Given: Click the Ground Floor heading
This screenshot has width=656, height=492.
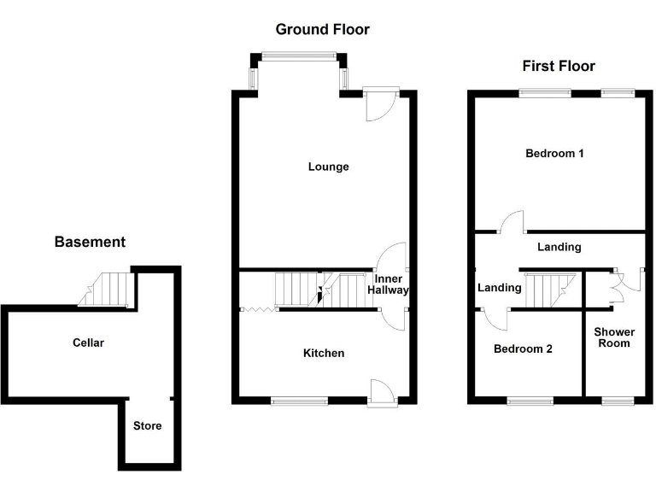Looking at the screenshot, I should click(322, 30).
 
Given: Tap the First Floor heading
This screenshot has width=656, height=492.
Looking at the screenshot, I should click(559, 67).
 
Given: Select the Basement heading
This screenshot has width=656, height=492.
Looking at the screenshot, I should click(90, 242).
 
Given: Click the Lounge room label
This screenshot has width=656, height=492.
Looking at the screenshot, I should click(329, 167).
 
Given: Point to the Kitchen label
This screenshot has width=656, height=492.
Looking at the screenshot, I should click(325, 353).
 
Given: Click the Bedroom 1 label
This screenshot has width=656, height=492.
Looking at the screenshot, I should click(554, 154).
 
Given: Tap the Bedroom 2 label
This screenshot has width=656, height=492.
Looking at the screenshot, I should click(524, 348).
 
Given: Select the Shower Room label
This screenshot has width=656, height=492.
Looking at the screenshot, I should click(613, 337).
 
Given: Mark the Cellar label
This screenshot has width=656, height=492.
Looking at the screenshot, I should click(88, 343).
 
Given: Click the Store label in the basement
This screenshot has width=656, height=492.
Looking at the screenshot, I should click(147, 425).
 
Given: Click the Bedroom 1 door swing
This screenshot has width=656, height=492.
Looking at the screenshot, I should click(512, 221).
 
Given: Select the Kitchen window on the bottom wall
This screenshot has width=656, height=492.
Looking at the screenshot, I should click(298, 400).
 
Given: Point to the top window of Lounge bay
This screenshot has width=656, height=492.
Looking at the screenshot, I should click(298, 56).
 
